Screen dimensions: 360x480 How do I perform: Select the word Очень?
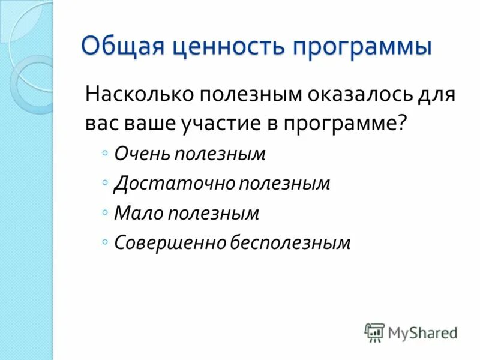(x=142, y=154)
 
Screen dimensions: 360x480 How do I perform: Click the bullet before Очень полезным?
(x=105, y=154)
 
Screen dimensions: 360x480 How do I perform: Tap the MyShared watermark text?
(x=422, y=332)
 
